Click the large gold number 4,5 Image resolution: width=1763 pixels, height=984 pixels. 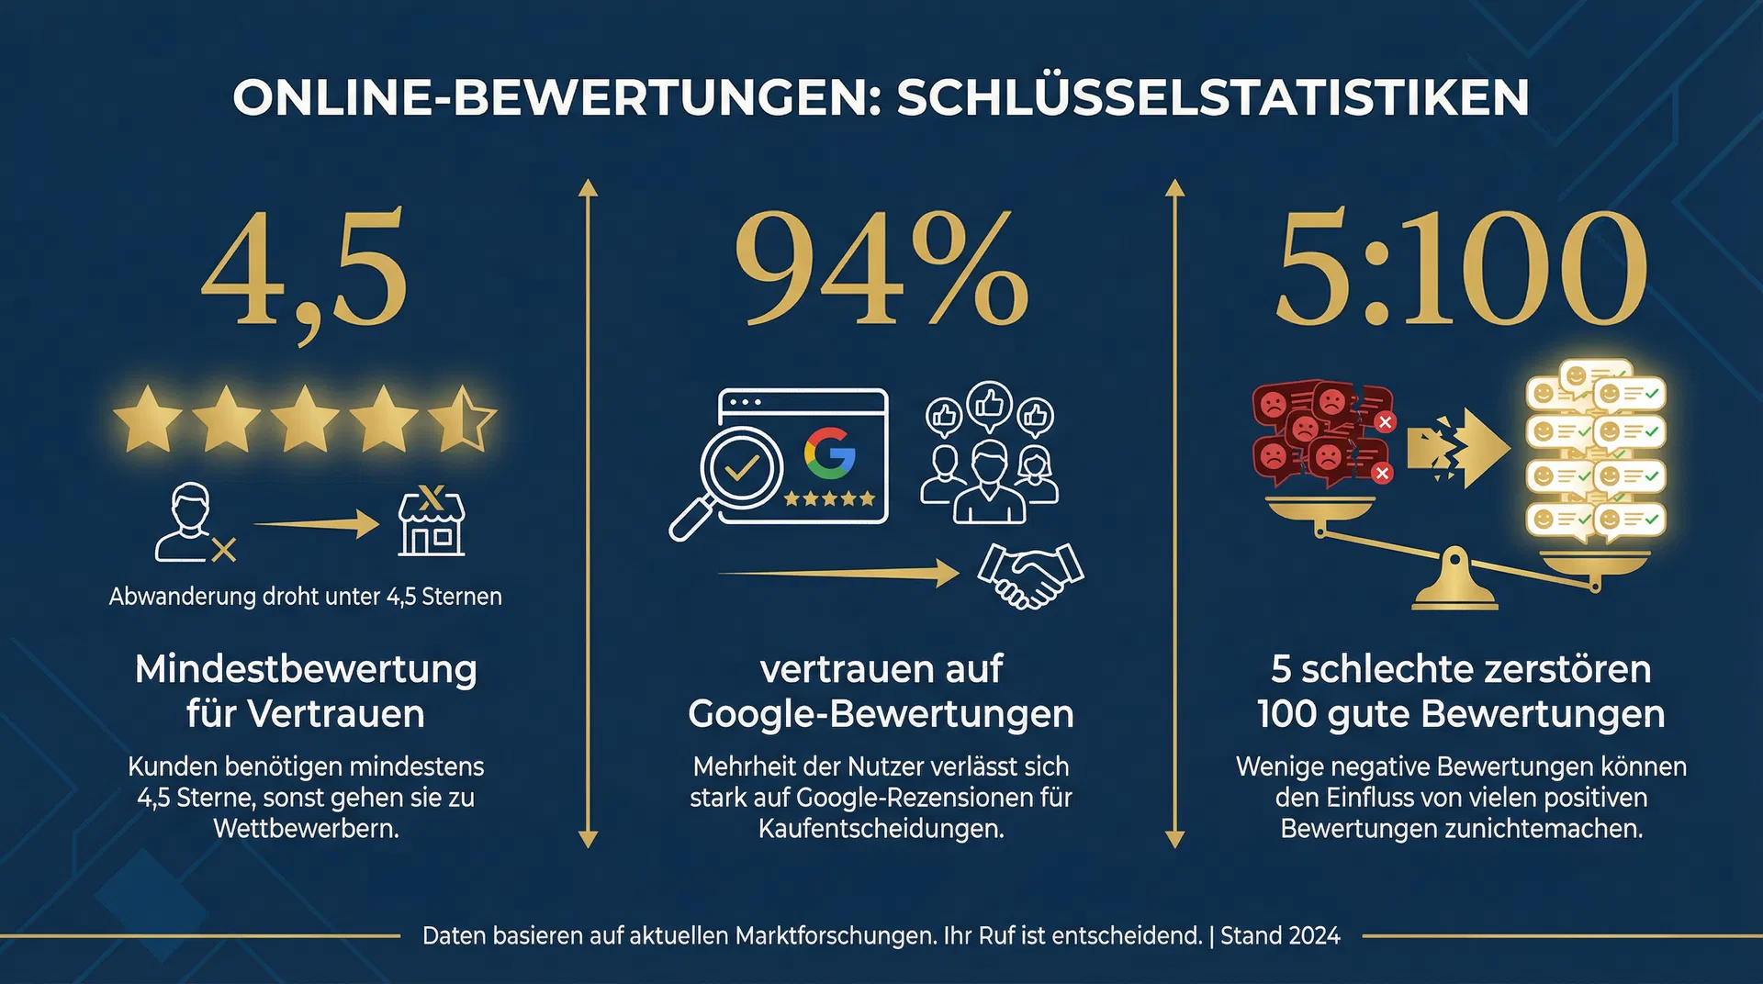tap(305, 268)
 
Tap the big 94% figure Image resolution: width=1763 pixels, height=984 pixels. tap(881, 268)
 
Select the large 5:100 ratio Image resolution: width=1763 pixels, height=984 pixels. tap(1460, 268)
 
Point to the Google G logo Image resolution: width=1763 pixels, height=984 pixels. tap(830, 453)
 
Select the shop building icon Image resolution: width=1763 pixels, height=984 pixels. tap(432, 522)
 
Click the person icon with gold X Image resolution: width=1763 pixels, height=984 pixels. tap(193, 524)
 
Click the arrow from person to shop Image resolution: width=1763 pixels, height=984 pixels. tap(317, 524)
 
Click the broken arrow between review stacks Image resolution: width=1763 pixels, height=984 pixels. tap(1458, 448)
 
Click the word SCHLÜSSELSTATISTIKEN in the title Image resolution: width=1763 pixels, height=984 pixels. tap(1212, 98)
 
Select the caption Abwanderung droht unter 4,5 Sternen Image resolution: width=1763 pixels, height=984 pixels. tap(305, 597)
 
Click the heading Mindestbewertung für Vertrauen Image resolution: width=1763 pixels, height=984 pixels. tap(305, 691)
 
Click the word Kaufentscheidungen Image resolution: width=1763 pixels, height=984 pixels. tap(881, 829)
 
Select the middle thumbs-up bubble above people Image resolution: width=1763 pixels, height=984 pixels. tap(989, 404)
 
